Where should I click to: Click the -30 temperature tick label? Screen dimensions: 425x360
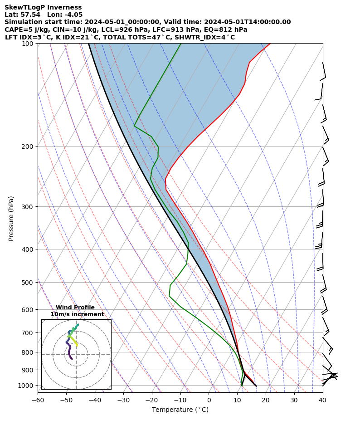click(123, 400)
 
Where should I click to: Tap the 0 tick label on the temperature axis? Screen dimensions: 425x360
click(209, 400)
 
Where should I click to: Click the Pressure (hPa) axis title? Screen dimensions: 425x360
click(11, 218)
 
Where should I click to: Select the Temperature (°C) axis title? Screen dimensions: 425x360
click(180, 410)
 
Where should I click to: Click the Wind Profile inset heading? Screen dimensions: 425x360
click(75, 308)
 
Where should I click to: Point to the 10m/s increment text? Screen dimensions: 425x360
click(77, 314)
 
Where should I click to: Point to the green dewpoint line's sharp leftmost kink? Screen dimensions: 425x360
click(134, 126)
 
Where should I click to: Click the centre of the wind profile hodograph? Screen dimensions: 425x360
click(76, 354)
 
